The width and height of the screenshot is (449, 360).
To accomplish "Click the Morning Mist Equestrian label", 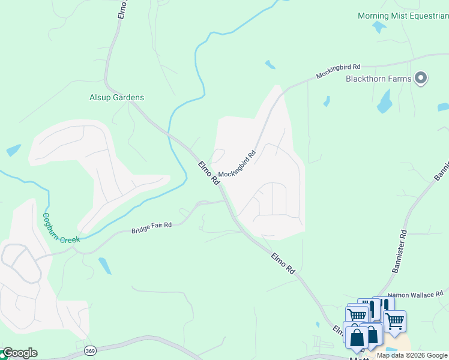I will coord(403,16).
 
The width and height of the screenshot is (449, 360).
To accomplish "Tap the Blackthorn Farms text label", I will coord(378,79).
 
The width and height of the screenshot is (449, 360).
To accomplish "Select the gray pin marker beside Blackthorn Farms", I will coord(421,78).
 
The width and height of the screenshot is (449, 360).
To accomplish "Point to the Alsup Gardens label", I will coord(116,97).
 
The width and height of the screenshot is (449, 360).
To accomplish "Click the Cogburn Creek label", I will coord(60,229).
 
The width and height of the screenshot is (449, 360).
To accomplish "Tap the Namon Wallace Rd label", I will coord(415,295).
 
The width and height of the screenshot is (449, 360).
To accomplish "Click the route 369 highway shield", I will coord(90,350).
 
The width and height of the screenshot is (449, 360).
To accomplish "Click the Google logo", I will coord(19,353).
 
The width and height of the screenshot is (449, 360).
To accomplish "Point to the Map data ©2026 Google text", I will coord(412,355).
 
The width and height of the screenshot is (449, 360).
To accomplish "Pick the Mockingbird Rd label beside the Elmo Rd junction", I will coord(237,163).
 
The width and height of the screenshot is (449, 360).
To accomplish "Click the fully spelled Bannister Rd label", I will coord(400,251).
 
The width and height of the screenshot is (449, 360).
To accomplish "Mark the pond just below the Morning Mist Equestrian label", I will coord(379,27).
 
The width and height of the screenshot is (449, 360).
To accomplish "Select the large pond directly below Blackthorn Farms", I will coord(384,102).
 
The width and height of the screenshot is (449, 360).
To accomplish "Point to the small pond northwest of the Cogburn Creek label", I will coord(13,150).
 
